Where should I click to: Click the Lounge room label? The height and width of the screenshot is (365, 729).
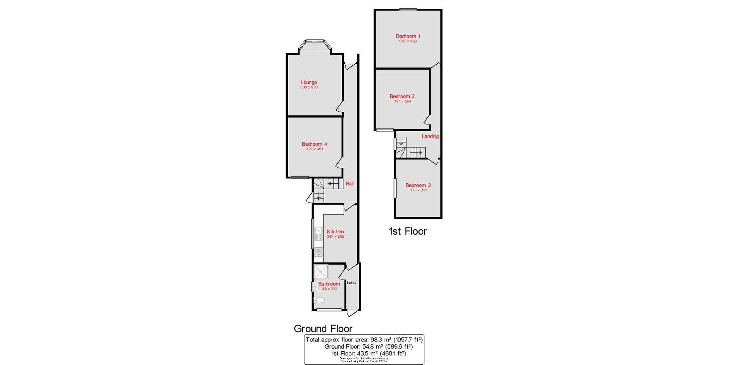pos(309,82)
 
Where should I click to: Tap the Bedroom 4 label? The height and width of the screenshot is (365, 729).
pos(314,144)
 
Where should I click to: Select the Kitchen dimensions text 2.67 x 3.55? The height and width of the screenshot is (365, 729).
pos(335,236)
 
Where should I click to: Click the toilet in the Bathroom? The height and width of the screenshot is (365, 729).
pos(320,300)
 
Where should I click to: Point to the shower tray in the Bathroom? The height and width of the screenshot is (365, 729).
pos(321,272)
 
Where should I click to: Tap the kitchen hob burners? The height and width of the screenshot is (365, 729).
pos(319,252)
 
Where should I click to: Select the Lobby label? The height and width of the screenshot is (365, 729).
pos(352,283)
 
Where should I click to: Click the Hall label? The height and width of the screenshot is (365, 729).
pos(349,184)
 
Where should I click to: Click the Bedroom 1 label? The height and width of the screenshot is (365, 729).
pos(408,36)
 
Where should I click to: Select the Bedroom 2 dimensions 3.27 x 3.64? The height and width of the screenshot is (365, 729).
pos(402,102)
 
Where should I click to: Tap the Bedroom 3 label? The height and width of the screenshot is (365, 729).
pos(418,185)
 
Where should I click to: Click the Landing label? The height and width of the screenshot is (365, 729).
pos(430,136)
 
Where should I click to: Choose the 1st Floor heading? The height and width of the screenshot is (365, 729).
pos(408,231)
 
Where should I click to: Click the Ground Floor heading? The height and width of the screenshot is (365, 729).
pos(323,328)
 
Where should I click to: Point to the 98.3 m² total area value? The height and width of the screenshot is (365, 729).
pos(378,340)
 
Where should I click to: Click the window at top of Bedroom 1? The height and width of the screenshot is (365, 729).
pos(408,10)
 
